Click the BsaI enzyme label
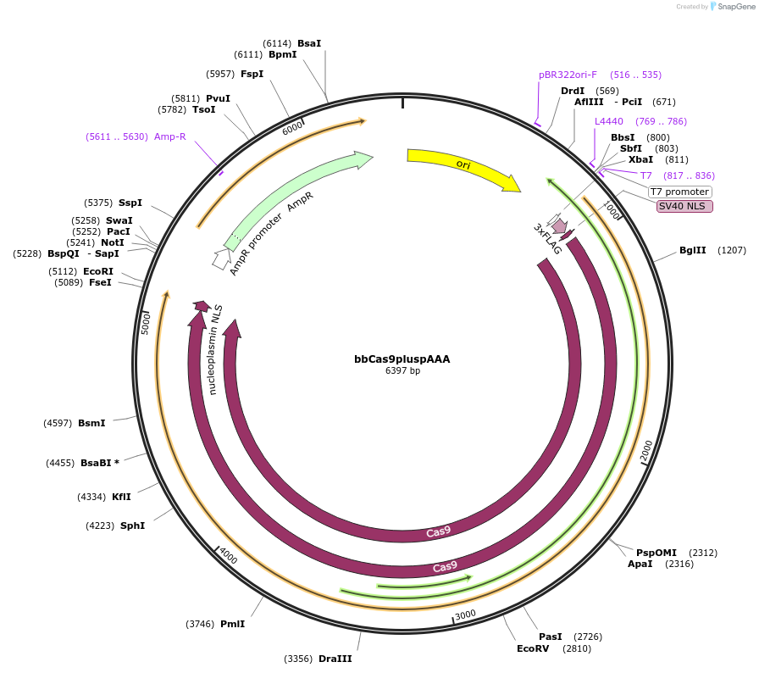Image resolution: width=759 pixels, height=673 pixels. coord(309,43)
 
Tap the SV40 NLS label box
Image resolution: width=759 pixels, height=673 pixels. coord(685,206)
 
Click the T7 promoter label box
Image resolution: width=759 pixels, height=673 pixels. coord(679,192)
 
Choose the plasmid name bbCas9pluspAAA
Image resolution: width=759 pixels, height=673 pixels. coord(402,359)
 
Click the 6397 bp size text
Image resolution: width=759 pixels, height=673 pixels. coord(402,370)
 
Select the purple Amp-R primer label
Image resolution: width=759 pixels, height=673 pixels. coord(169,136)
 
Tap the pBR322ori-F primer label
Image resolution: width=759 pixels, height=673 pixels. coord(568,75)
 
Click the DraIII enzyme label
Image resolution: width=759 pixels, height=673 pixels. coord(335,659)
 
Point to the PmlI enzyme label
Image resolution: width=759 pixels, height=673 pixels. coord(232,624)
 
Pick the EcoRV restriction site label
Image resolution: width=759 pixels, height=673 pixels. coord(533,648)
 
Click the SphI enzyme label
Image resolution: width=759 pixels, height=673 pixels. coord(132,526)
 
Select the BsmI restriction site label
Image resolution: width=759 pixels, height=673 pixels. coord(91,423)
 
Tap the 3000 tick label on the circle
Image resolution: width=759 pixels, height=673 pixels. coord(465,615)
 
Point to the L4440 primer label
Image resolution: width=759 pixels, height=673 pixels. coord(608,121)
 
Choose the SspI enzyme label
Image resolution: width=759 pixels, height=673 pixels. coord(130,203)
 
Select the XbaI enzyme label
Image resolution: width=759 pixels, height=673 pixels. coord(640,159)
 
